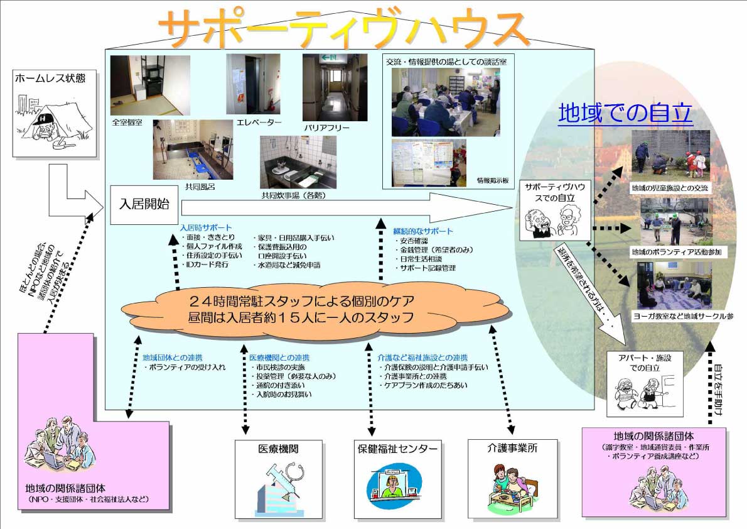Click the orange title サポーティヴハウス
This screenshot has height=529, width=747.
(342, 28)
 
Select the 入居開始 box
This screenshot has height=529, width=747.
(144, 205)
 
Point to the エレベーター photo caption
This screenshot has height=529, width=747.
(259, 122)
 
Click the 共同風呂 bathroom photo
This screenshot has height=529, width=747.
(193, 150)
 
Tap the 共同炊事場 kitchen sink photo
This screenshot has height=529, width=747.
(298, 161)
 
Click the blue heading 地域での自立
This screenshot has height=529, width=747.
(625, 113)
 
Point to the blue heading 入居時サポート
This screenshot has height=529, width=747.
(205, 227)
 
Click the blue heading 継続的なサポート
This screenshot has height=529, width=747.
(422, 231)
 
